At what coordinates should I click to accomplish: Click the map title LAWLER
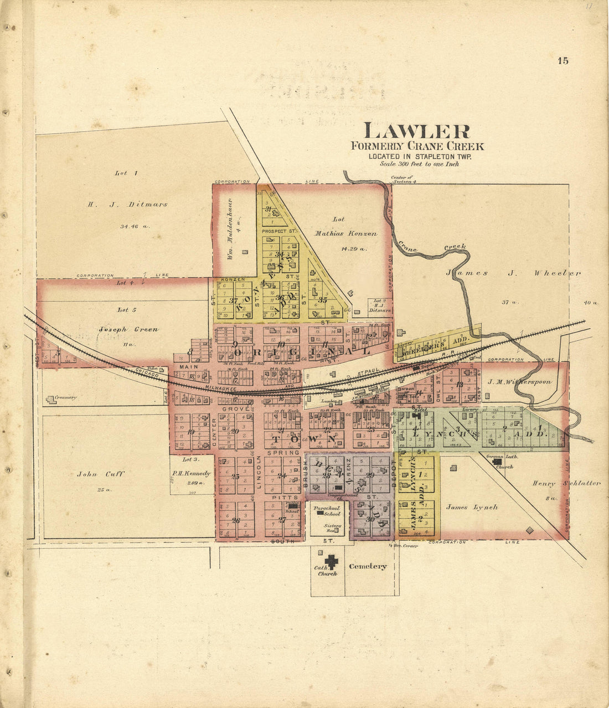tap(416, 131)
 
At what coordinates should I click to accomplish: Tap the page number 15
tap(563, 61)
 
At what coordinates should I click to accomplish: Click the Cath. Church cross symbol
tap(331, 561)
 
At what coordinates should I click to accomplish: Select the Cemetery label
tap(368, 566)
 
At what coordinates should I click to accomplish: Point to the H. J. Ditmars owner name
tap(127, 204)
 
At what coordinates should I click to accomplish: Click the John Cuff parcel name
tap(101, 474)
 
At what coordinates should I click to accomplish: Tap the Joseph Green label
tap(128, 329)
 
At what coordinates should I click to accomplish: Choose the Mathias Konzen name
tap(354, 233)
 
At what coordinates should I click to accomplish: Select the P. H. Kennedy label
tap(192, 474)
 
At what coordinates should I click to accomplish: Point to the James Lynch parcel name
tap(472, 507)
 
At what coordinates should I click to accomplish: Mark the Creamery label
tap(65, 397)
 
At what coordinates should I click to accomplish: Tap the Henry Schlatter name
tap(566, 483)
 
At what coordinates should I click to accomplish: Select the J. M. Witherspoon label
tap(519, 382)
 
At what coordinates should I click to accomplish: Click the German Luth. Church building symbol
tap(497, 460)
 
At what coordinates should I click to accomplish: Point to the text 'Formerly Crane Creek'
tap(417, 146)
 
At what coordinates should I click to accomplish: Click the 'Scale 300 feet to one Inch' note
tap(419, 164)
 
